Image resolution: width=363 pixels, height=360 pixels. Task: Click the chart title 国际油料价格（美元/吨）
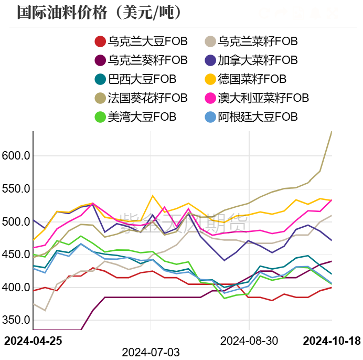(x=100, y=12)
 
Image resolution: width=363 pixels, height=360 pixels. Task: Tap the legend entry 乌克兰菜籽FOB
(x=251, y=41)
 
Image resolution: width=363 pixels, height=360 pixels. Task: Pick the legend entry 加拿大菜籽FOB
(x=251, y=60)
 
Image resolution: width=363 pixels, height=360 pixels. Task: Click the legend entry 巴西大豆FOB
(x=135, y=79)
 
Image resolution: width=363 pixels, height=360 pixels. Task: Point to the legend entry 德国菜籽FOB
(x=245, y=79)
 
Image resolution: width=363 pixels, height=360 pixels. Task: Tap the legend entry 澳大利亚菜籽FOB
(x=256, y=98)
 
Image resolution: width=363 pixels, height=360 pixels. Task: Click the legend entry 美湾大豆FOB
(x=135, y=117)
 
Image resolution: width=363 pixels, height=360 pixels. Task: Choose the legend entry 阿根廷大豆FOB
(x=251, y=117)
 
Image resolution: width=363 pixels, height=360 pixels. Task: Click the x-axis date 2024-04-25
(x=33, y=341)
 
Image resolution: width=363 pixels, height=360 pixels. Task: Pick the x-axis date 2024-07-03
(x=151, y=352)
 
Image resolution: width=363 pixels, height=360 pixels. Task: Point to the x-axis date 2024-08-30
(x=249, y=341)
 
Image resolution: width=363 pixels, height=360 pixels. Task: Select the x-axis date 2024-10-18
(x=332, y=341)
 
